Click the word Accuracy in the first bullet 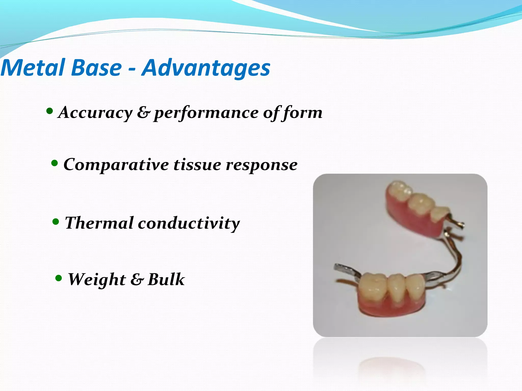coord(95,112)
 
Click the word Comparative coord(116,165)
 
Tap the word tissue coord(197,164)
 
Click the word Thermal coord(99,223)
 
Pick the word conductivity coord(189,223)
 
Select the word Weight coord(97,280)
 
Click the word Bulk coord(166,279)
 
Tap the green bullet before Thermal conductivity coord(56,222)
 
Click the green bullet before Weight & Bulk coord(59,278)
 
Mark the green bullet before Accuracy coord(50,111)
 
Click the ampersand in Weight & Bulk coord(137,280)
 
